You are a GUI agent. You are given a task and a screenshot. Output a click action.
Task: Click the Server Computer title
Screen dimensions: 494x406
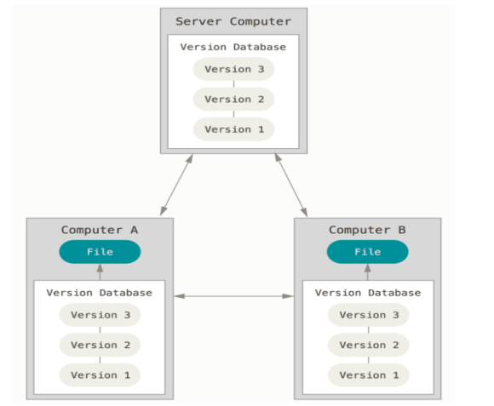(233, 21)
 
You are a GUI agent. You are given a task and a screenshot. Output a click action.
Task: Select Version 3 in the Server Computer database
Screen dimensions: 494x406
(233, 69)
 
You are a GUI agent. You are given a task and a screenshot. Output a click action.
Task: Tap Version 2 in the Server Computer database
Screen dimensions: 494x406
(233, 99)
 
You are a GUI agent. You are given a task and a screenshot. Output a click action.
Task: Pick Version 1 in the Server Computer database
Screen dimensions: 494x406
(233, 129)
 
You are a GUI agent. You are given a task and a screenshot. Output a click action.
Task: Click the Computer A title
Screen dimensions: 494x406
(100, 230)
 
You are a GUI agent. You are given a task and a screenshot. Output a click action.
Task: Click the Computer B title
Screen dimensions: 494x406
(367, 230)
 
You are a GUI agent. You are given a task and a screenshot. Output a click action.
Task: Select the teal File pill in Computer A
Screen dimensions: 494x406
(100, 252)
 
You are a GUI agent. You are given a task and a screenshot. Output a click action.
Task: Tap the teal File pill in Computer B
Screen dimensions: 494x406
(368, 252)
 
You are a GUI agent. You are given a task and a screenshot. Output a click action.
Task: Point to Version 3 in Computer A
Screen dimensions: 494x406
(100, 315)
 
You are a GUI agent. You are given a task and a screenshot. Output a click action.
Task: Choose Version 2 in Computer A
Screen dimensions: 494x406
(100, 345)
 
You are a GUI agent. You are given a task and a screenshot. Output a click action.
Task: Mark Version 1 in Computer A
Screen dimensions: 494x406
(100, 375)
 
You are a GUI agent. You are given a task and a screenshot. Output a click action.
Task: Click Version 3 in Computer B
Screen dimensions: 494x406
(369, 315)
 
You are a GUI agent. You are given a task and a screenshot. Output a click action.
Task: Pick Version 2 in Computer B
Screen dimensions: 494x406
(369, 345)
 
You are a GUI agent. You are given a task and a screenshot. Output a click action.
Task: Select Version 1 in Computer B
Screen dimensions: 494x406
(369, 375)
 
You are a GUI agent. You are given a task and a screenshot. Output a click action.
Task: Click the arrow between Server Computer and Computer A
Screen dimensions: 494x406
(176, 185)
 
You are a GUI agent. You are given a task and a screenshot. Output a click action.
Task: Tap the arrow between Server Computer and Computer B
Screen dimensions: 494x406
(291, 185)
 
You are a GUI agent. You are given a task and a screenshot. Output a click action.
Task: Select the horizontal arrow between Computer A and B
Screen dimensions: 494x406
(233, 296)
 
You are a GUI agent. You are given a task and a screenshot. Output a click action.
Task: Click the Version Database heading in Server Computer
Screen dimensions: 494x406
(233, 47)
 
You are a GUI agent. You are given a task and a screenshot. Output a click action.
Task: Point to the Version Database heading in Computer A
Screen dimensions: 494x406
(100, 293)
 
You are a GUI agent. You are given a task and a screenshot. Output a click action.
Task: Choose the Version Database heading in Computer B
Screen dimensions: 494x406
(368, 293)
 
